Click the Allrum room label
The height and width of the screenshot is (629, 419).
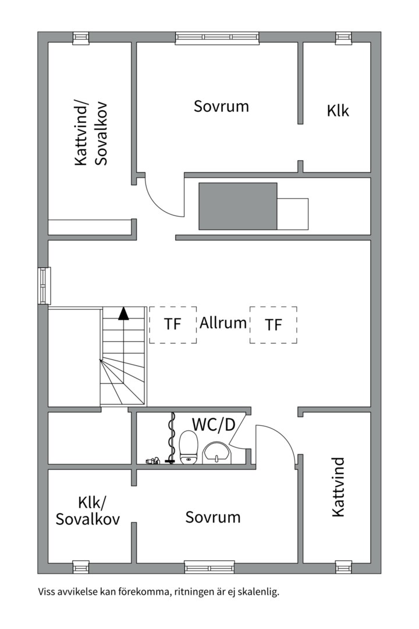(223, 323)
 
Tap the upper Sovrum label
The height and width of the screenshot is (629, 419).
(221, 107)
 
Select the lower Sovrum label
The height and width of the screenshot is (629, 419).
(213, 517)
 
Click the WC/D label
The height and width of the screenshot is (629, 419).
(214, 424)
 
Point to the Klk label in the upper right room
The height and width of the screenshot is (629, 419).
(338, 110)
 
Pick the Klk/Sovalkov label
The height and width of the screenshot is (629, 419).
(88, 511)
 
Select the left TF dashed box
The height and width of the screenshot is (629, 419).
(172, 324)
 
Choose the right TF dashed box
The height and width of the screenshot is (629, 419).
(274, 324)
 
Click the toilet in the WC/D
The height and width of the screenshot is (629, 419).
(189, 447)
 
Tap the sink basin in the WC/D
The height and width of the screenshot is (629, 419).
(218, 451)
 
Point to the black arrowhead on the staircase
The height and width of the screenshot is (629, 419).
(123, 314)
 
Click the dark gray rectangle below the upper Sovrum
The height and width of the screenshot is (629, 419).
(238, 206)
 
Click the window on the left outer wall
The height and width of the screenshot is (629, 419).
(44, 285)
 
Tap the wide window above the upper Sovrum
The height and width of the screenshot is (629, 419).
(216, 38)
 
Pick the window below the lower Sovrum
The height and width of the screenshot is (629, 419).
(209, 566)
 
